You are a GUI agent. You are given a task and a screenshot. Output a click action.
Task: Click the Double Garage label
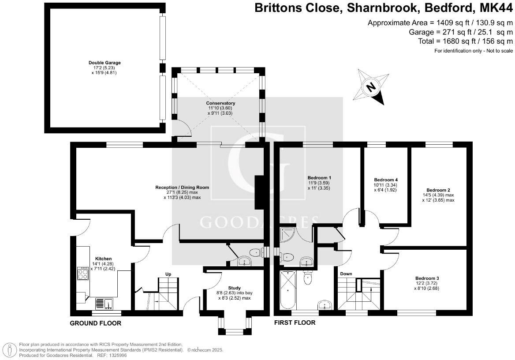coord(104,63)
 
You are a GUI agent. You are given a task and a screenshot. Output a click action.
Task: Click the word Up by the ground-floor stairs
coord(168,274)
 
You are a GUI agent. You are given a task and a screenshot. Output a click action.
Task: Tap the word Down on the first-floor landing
coord(346,274)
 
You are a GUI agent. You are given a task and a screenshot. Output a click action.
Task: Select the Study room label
coord(235,288)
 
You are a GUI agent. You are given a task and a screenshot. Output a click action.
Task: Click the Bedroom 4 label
coord(386,180)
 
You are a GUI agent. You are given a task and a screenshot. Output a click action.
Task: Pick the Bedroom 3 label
coord(427,278)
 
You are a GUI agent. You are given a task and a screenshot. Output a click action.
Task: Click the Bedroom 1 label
coord(318,177)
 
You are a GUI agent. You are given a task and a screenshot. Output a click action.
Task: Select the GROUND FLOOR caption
coord(95,323)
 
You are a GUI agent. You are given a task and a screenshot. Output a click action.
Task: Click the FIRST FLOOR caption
coord(295,322)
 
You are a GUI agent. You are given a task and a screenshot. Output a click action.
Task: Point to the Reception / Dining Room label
coord(182,187)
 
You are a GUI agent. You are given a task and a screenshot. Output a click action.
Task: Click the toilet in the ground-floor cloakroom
coord(255,253)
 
